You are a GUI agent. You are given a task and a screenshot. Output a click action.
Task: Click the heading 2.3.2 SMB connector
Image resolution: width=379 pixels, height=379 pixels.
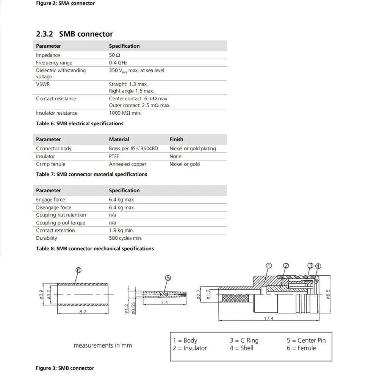tap(74, 34)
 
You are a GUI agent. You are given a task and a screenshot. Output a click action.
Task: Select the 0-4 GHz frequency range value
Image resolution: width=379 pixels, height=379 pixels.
tap(118, 63)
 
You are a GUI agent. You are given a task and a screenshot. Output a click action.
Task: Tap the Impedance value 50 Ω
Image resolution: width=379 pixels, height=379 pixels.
tap(115, 55)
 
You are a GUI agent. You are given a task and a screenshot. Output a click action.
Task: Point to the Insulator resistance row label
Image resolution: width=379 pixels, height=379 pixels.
tap(56, 113)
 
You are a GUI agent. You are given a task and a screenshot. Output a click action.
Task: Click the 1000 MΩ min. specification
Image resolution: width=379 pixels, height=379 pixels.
tap(125, 113)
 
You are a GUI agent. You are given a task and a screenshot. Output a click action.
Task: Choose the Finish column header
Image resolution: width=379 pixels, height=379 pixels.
tap(176, 139)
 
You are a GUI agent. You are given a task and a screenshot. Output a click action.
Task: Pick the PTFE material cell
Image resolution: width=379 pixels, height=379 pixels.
tap(114, 156)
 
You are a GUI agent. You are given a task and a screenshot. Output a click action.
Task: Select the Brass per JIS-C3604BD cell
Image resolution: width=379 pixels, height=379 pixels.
tap(133, 148)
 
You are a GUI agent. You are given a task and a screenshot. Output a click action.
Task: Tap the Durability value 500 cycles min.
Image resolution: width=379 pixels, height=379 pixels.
tap(125, 238)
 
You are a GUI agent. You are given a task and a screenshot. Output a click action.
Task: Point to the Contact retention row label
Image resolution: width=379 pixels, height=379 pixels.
tap(55, 230)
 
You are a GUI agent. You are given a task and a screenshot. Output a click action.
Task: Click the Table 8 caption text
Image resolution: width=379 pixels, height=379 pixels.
tap(95, 249)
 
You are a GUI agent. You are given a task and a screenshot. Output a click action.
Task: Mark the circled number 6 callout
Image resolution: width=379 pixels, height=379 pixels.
tap(78, 270)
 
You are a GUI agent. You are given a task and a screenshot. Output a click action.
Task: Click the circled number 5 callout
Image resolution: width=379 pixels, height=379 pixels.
tap(168, 278)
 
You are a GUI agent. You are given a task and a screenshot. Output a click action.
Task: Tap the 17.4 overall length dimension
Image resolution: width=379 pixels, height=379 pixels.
tap(268, 319)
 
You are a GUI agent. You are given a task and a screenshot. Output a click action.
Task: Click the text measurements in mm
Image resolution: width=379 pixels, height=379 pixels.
tap(103, 345)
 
